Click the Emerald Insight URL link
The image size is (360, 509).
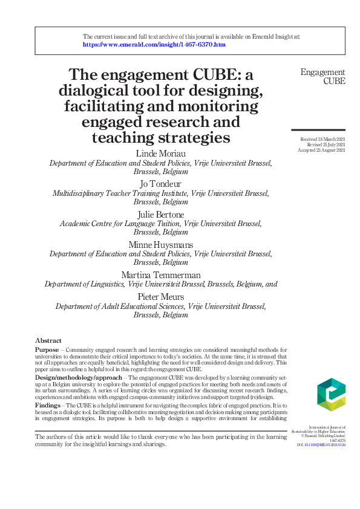154,45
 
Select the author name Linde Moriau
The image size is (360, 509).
160,154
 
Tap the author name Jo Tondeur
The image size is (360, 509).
160,184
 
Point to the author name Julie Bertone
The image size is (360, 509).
160,213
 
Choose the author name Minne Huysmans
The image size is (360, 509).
160,244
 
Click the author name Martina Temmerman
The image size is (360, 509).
160,274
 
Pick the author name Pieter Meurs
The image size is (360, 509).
160,297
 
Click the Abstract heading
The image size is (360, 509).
48,341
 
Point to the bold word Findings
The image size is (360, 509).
48,405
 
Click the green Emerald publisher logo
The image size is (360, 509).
331,395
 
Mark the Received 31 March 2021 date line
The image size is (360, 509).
323,140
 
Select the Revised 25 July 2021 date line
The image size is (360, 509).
326,145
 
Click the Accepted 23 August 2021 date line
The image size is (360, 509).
322,151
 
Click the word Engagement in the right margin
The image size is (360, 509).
323,73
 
